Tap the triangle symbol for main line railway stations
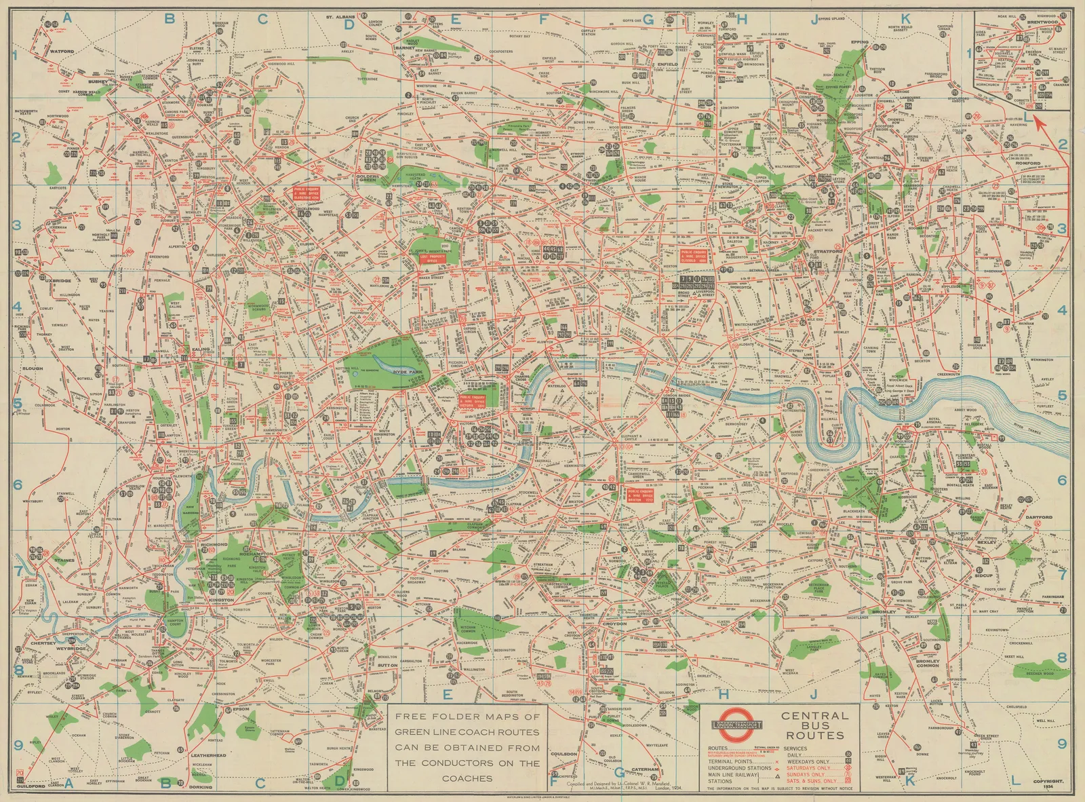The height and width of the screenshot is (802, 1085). pos(776,775)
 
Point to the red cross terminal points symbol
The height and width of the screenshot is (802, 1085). pos(776,761)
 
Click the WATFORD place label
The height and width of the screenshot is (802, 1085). pos(62,51)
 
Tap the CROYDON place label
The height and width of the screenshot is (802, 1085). pos(614,623)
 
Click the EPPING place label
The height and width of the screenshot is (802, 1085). pos(859,42)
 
